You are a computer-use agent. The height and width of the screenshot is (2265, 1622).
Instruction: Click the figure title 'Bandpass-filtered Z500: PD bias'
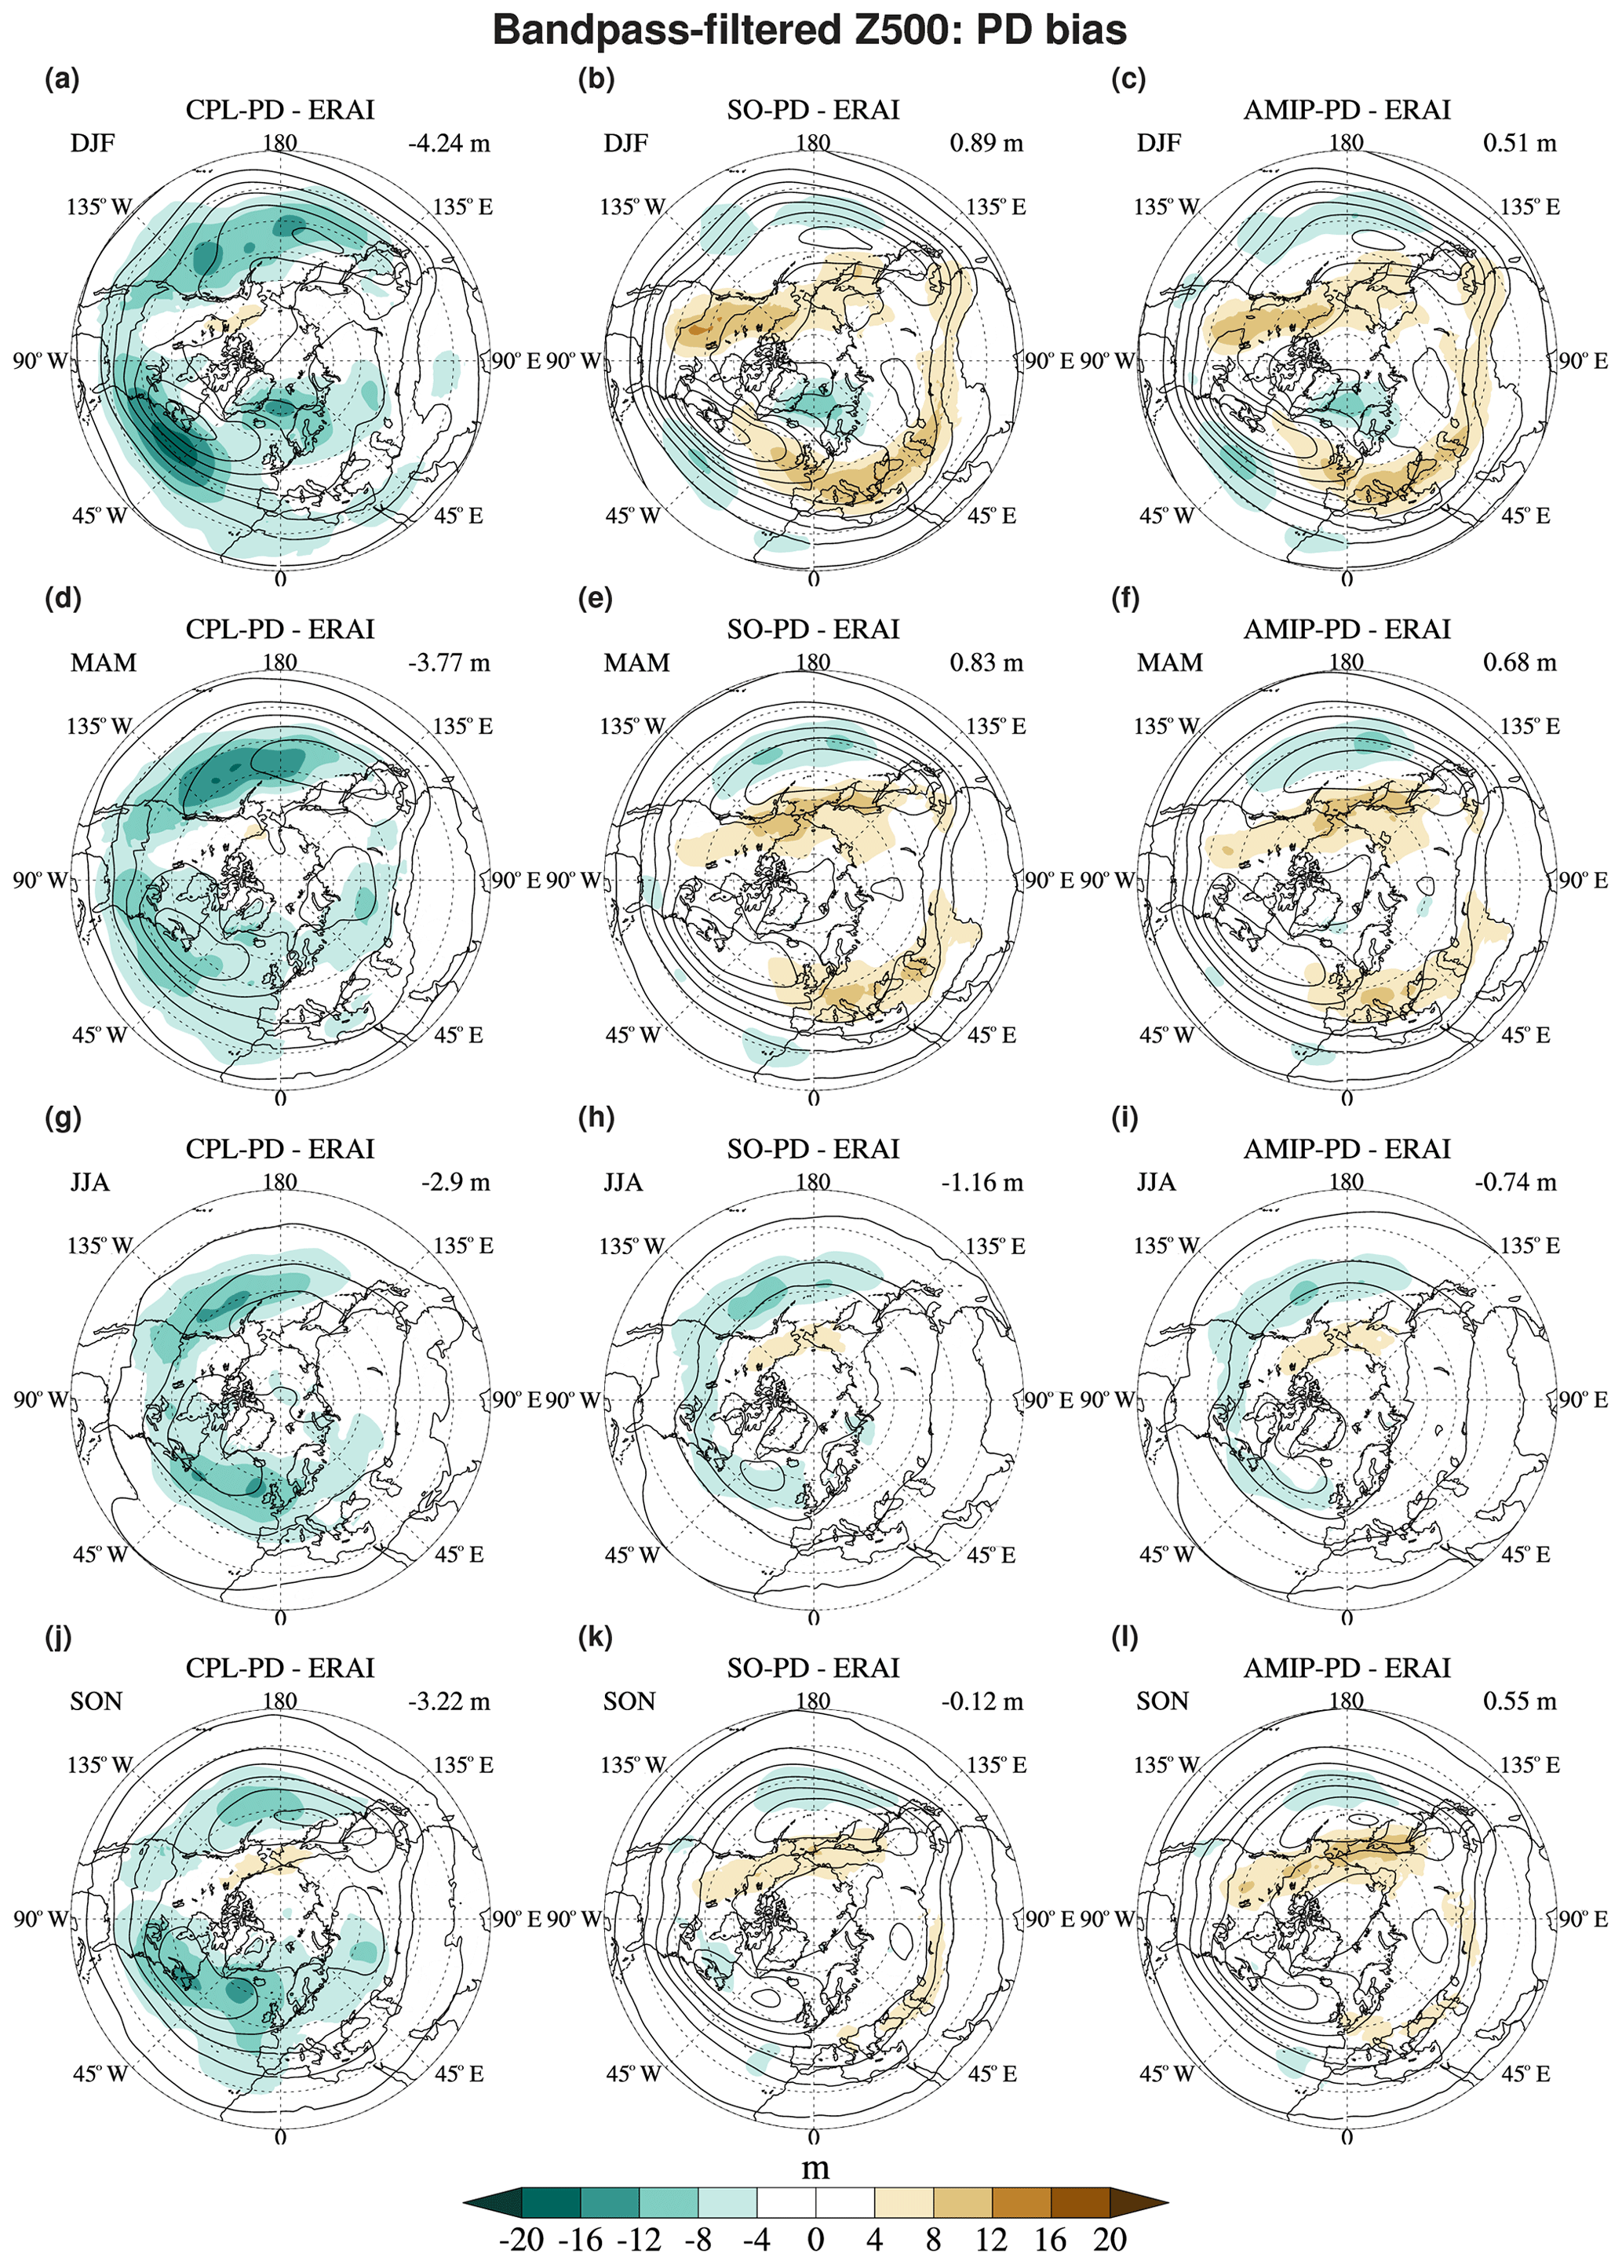coord(810,30)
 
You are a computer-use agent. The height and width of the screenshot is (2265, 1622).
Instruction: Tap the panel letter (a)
coord(62,79)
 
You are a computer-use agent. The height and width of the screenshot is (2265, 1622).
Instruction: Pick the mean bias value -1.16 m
coord(982,1183)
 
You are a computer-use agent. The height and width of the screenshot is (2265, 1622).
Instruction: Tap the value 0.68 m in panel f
coord(1519,662)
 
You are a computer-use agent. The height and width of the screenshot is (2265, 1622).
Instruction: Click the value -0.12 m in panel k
coord(982,1701)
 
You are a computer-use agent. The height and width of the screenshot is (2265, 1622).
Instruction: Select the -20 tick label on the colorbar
coord(520,2240)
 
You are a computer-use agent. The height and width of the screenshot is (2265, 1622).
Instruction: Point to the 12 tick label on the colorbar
coord(991,2240)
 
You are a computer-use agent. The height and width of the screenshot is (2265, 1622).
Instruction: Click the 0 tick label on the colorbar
coord(815,2240)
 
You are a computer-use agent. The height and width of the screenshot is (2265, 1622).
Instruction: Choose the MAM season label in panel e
coord(636,663)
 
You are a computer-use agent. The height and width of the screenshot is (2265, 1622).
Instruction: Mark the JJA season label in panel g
coord(90,1183)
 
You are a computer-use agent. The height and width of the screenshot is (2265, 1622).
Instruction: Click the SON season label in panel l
coord(1163,1701)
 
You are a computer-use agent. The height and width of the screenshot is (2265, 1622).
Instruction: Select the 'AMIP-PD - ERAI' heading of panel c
coord(1347,110)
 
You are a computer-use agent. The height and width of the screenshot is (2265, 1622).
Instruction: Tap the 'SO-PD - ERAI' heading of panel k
coord(813,1668)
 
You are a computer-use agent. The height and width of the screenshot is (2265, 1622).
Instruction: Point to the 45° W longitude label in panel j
coord(100,2074)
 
